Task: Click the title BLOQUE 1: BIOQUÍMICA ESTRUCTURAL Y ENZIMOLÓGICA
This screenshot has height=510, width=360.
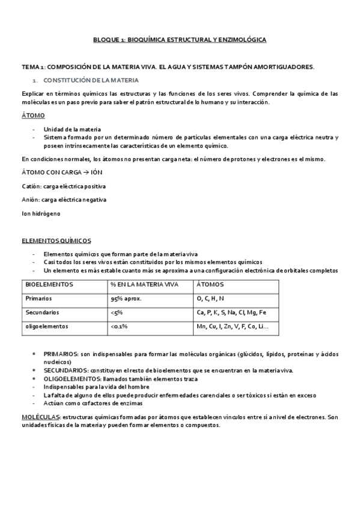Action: pyautogui.click(x=180, y=39)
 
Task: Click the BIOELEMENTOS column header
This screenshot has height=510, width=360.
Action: pyautogui.click(x=49, y=284)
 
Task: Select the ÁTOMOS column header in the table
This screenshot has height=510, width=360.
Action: pyautogui.click(x=210, y=284)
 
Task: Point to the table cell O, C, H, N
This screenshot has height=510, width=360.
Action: pyautogui.click(x=210, y=298)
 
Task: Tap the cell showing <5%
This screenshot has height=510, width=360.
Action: pyautogui.click(x=117, y=313)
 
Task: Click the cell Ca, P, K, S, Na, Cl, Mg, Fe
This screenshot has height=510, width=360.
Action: pyautogui.click(x=231, y=313)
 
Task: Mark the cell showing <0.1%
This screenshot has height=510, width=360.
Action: pyautogui.click(x=119, y=327)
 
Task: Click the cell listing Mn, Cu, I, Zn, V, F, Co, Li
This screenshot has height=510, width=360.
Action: pyautogui.click(x=233, y=327)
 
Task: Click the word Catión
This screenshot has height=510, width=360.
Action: pyautogui.click(x=31, y=186)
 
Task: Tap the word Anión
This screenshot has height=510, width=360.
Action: pyautogui.click(x=30, y=200)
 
